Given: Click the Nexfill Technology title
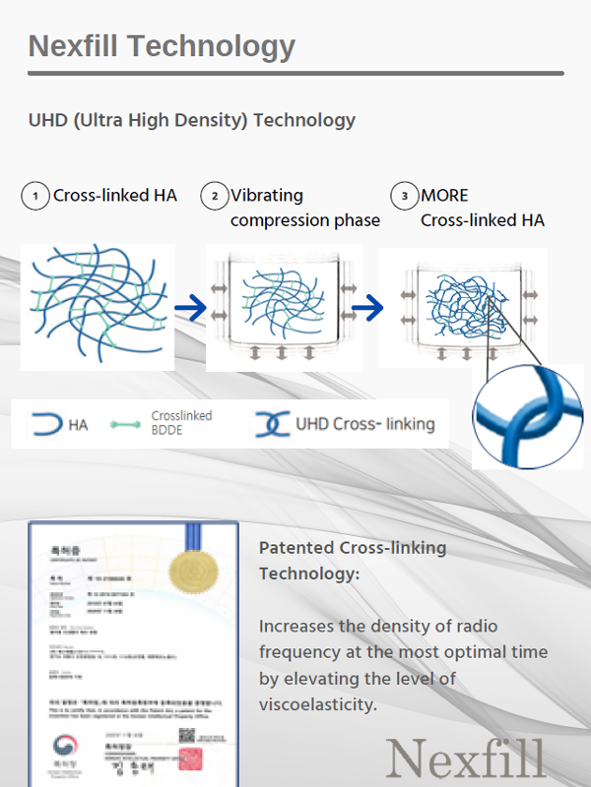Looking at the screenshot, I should (162, 46).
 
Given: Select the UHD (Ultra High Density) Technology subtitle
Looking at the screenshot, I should (192, 121).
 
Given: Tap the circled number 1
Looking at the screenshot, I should (35, 197).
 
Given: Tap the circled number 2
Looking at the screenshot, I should (214, 197).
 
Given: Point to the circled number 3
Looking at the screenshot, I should (404, 197).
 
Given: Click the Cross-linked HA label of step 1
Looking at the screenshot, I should (115, 196).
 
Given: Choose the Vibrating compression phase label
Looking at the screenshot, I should (304, 209).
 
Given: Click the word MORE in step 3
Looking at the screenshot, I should (444, 196).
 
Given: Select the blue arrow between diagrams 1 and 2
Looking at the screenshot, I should (190, 309).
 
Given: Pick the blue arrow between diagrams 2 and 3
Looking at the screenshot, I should (367, 309).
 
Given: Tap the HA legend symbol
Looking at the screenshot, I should (46, 425).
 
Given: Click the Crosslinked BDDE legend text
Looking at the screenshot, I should (181, 423).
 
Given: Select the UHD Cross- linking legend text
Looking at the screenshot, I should (364, 425).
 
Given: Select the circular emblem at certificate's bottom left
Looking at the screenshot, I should (63, 745).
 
